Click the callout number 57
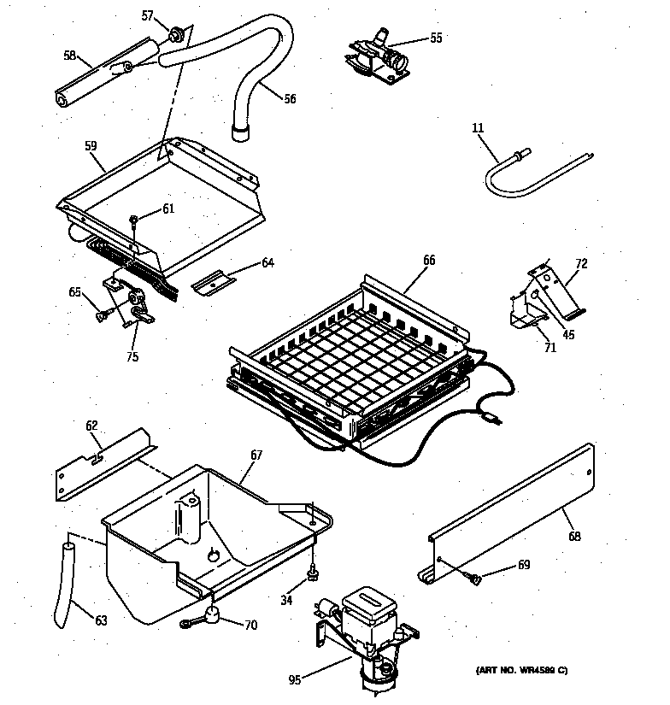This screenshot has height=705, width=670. click(147, 15)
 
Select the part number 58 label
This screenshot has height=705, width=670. click(69, 56)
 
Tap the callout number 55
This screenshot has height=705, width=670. click(436, 38)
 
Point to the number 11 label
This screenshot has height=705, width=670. click(478, 128)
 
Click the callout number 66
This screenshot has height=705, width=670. click(429, 260)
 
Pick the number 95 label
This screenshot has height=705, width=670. click(295, 680)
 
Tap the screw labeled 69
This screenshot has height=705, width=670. click(475, 579)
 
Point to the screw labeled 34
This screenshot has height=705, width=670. click(314, 570)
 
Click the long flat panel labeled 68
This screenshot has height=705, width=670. click(513, 513)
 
